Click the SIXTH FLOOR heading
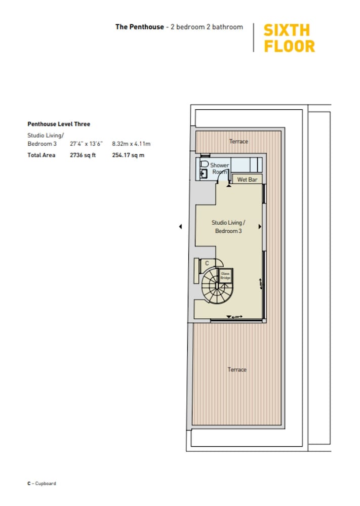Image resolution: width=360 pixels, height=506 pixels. tap(289, 38)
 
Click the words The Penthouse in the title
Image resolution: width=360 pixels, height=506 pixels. tap(139, 27)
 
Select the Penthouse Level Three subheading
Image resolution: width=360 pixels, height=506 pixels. tap(59, 124)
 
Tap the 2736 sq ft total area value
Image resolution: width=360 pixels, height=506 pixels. tap(83, 155)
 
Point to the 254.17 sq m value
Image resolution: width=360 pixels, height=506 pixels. tap(128, 155)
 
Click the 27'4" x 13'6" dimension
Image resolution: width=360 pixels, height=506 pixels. tap(86, 144)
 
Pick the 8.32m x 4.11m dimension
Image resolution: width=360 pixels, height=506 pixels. tap(131, 144)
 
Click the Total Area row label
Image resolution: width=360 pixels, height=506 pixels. tap(42, 155)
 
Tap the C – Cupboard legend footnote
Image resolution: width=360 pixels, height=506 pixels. tap(42, 483)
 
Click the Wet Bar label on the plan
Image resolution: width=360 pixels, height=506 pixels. tap(247, 180)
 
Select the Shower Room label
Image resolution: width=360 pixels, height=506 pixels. tap(220, 168)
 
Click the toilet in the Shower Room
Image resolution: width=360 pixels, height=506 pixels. tap(204, 164)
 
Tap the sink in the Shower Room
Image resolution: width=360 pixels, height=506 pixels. tap(204, 174)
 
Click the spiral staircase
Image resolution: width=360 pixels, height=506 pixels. tap(214, 286)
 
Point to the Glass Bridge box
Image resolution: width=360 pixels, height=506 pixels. tap(225, 276)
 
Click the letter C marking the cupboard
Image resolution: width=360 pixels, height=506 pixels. tap(207, 263)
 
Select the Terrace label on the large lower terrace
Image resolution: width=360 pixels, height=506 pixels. tap(237, 370)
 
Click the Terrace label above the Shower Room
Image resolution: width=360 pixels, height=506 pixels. tap(238, 141)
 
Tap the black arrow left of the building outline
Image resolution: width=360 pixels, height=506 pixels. tap(180, 227)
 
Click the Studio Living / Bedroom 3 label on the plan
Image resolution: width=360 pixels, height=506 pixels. tap(228, 227)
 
